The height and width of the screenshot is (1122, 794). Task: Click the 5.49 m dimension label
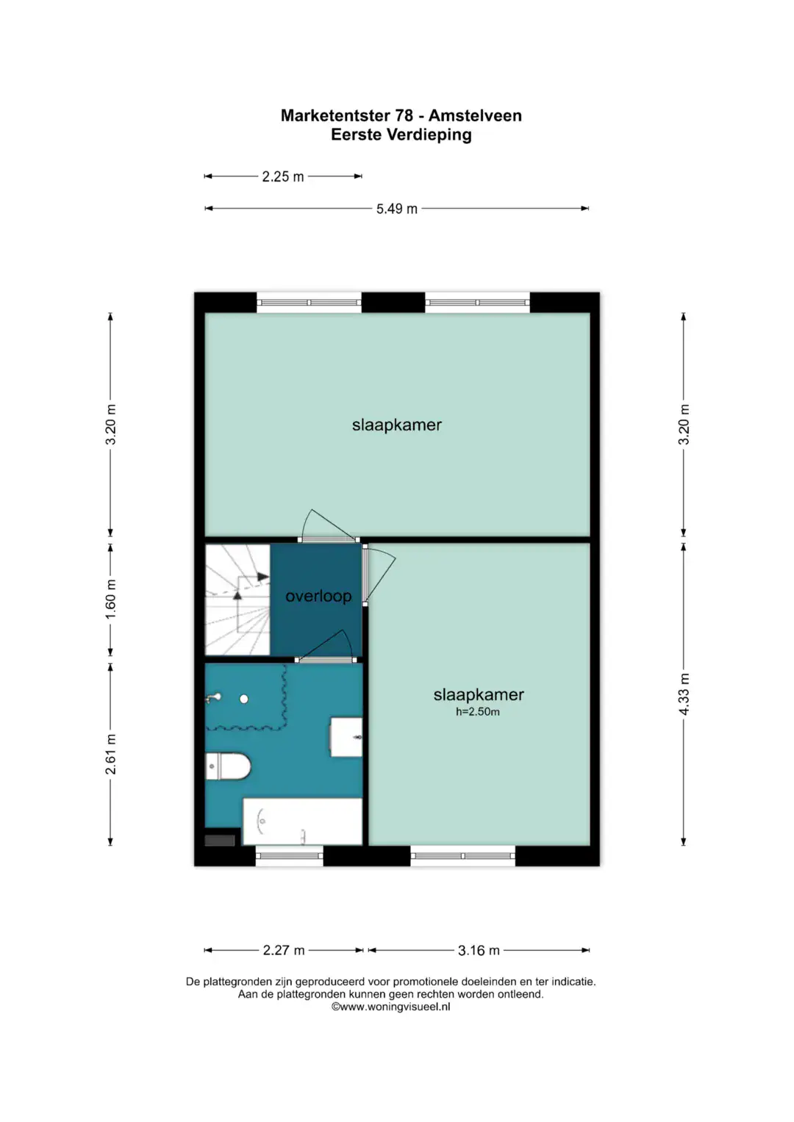coord(396,209)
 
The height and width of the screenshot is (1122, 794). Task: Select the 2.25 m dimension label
coord(283,177)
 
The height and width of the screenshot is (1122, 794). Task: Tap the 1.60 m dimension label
coord(111,599)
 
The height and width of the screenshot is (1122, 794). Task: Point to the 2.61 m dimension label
coord(111,755)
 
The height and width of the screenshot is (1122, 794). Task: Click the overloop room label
coord(318,596)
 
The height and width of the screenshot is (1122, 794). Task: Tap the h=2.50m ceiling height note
coord(477,712)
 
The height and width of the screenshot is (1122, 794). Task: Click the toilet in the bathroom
coord(228,766)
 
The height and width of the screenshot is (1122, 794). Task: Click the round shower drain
coord(243,699)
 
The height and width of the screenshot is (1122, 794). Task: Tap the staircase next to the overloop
coord(237,600)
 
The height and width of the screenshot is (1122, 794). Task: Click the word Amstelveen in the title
coord(475,115)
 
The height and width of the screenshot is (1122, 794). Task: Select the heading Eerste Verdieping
coord(401,134)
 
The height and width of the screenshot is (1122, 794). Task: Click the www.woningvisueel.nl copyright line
coord(390,1007)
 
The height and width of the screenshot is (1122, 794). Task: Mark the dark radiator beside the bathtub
coord(220,840)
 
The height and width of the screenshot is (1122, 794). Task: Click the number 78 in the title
coord(404,115)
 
